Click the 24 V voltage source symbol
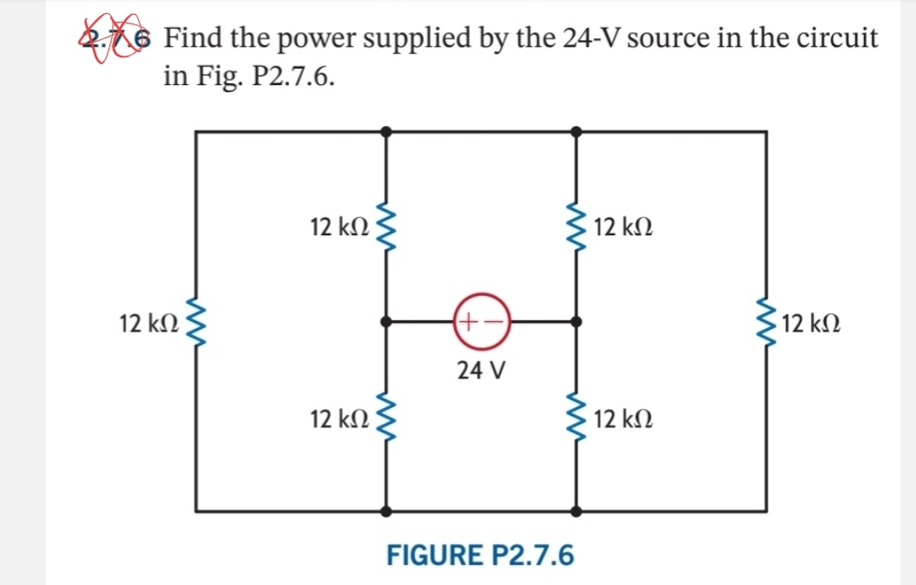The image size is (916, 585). pos(479,322)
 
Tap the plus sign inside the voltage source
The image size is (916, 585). pos(467,322)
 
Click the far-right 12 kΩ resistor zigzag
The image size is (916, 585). pos(766,322)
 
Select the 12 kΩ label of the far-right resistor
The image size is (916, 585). pos(811,325)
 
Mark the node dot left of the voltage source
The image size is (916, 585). pos(386,322)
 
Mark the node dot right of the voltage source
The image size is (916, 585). pos(576,322)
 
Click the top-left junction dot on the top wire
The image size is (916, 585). pos(386,131)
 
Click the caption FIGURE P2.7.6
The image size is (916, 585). pos(479,555)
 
